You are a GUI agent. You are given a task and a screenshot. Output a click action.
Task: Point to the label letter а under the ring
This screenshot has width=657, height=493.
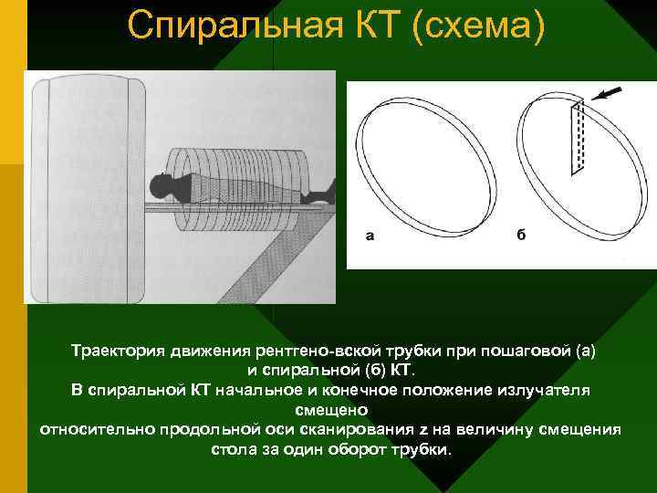[369, 235]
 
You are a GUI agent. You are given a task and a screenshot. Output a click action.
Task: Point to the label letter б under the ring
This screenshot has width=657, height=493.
[520, 235]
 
